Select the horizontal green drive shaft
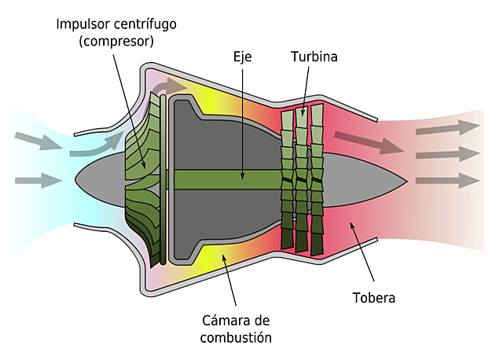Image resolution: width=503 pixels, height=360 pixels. click(228, 180)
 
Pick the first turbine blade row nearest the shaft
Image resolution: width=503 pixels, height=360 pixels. click(287, 181)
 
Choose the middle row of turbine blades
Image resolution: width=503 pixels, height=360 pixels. click(302, 181)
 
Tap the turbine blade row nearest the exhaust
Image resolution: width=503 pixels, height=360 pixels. click(317, 181)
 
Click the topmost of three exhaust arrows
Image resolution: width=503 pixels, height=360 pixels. click(447, 125)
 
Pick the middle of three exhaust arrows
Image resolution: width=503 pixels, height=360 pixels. click(447, 152)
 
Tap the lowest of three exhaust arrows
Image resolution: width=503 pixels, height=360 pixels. click(447, 180)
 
